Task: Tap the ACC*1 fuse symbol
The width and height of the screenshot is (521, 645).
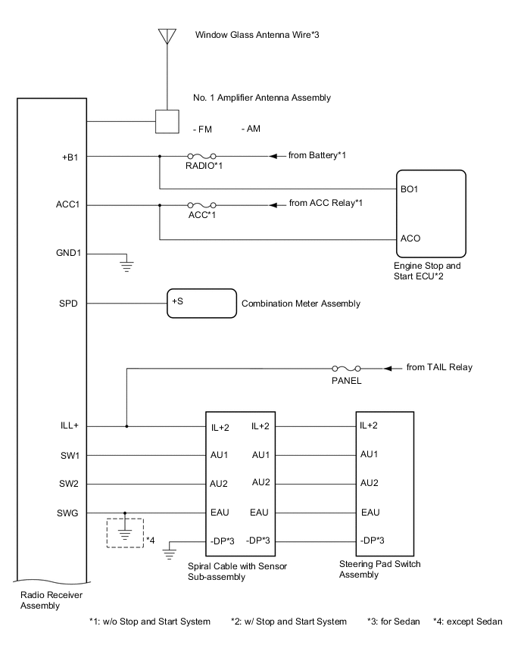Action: click(x=201, y=204)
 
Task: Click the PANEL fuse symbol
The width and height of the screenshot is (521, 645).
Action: click(x=346, y=368)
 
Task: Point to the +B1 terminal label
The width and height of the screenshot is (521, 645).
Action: click(x=70, y=157)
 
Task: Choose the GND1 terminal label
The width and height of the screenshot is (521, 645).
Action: click(x=68, y=253)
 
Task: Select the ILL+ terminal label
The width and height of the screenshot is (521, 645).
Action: click(x=69, y=426)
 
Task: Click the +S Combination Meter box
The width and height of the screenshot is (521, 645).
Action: click(x=201, y=304)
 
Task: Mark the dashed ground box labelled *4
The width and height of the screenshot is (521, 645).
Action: click(x=125, y=533)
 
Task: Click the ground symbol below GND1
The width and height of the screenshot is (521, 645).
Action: click(x=126, y=264)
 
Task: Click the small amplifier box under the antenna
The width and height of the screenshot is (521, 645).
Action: click(x=166, y=121)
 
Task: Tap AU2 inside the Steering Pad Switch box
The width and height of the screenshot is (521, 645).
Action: click(x=370, y=483)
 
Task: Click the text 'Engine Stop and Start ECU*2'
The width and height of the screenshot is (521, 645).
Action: click(x=426, y=271)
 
